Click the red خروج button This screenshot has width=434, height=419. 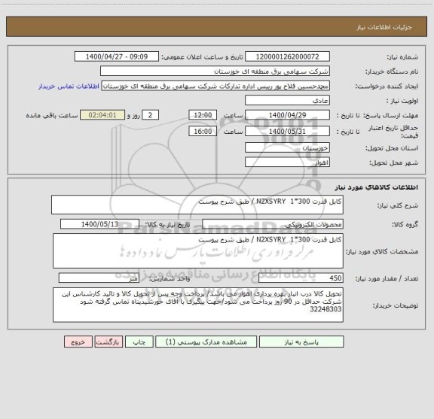[78, 342]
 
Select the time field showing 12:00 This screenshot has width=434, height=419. [202, 114]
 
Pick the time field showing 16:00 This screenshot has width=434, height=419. [202, 131]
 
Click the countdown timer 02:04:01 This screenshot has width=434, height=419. [116, 114]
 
